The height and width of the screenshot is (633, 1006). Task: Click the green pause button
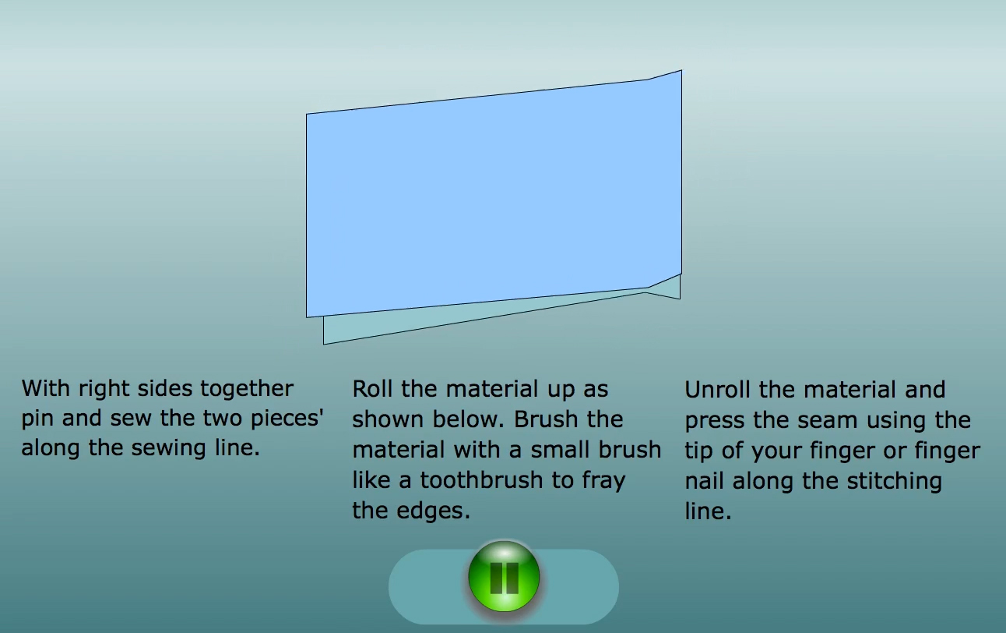(504, 576)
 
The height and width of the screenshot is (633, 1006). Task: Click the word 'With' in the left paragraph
(47, 389)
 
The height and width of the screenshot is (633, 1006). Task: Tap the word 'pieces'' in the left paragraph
(287, 419)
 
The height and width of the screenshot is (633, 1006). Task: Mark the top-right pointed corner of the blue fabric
(681, 70)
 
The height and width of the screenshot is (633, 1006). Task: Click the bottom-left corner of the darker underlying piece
(324, 345)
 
